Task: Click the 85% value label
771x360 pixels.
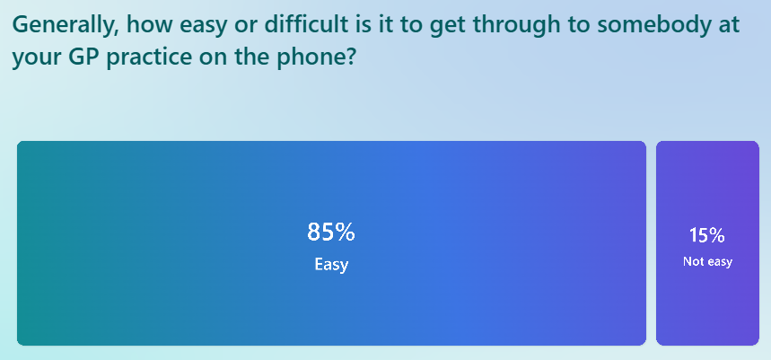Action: pos(331,233)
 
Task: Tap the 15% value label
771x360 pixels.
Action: pos(707,236)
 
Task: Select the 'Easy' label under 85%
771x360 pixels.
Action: pos(331,265)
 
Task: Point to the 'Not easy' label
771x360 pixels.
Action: pos(707,262)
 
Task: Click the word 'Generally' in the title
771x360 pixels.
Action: pos(61,24)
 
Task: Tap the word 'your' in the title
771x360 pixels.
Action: pos(34,58)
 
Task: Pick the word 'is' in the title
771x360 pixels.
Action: pos(364,24)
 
